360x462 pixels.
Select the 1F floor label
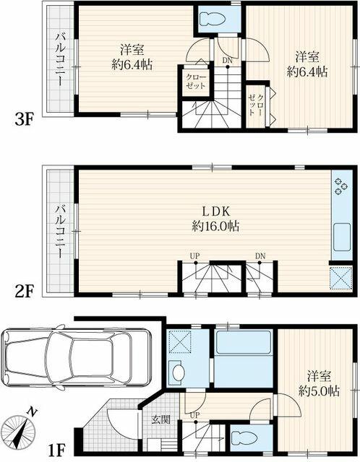point(56,450)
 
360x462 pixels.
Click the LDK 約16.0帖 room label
point(215,219)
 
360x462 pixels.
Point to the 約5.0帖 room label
point(319,391)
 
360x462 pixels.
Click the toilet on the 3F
point(213,19)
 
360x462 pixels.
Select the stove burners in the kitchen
point(341,187)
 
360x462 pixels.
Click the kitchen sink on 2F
point(343,237)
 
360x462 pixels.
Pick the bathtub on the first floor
point(244,342)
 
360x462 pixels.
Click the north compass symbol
point(19,427)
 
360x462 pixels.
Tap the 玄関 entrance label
point(161,419)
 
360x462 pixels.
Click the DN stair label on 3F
point(228,61)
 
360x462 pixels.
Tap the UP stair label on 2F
point(195,256)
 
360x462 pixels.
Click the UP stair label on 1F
point(195,415)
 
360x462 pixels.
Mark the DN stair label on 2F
point(260,256)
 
